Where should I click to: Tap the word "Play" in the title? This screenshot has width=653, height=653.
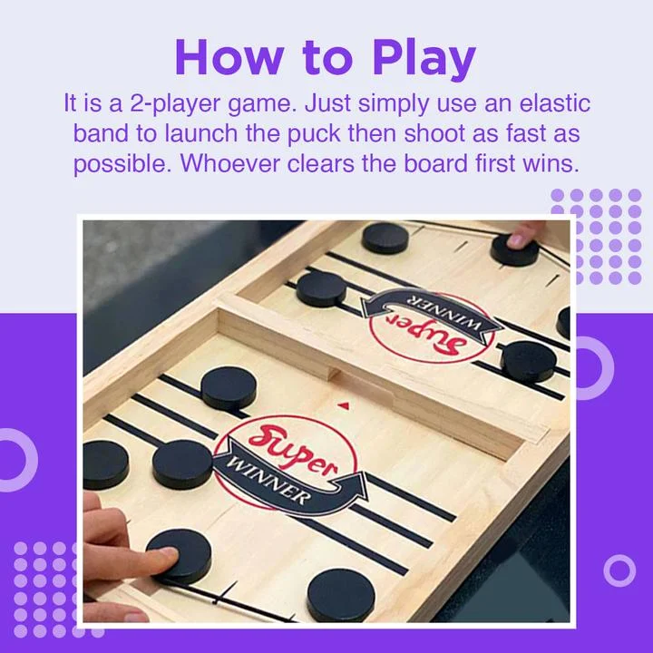tap(424, 59)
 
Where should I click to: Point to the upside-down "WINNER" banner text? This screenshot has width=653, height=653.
tap(424, 300)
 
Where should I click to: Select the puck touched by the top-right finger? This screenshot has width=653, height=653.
tap(514, 249)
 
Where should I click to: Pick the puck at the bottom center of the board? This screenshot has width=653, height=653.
tap(340, 595)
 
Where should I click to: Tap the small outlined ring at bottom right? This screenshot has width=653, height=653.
tap(619, 570)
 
